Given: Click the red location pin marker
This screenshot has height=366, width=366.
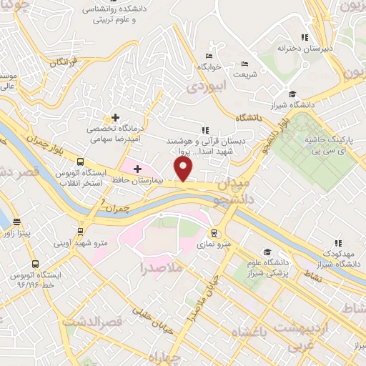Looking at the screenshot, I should [x=184, y=169].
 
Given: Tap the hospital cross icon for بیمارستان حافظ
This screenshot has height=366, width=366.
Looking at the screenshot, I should [x=137, y=168].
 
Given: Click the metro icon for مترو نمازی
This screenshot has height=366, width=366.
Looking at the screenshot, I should [x=214, y=233].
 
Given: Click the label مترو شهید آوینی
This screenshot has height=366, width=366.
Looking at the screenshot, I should [x=81, y=243].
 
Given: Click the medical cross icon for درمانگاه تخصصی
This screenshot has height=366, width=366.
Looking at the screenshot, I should [x=115, y=117].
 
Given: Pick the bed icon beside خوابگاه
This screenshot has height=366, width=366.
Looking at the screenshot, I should [x=209, y=56].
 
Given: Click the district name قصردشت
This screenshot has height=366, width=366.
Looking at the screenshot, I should [x=92, y=322].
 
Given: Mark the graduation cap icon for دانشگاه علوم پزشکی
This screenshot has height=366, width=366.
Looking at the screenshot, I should [x=266, y=252].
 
